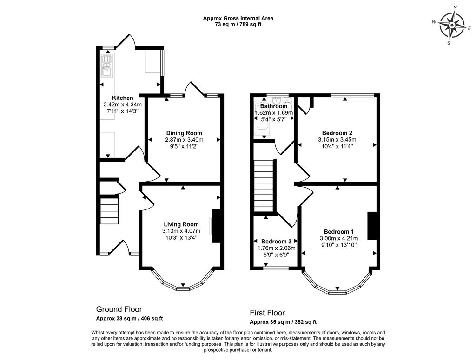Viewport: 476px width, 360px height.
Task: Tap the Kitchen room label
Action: [x=123, y=98]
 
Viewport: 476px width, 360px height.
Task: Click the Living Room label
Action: [x=181, y=224]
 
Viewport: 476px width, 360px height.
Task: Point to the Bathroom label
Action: [x=274, y=106]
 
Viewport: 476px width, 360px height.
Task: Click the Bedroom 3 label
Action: [x=276, y=242]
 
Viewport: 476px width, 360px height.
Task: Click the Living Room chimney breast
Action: [x=216, y=226]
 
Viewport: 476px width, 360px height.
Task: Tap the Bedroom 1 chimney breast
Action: [x=372, y=226]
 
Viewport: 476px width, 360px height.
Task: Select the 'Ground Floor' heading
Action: [x=119, y=309]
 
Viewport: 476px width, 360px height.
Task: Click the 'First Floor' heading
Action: [x=267, y=313]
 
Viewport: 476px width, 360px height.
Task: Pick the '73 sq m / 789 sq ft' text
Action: [x=238, y=25]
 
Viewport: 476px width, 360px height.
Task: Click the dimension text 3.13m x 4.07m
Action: [x=181, y=231]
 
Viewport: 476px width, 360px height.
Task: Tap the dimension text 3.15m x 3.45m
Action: [x=337, y=140]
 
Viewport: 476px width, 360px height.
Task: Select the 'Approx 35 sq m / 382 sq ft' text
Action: [x=283, y=322]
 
